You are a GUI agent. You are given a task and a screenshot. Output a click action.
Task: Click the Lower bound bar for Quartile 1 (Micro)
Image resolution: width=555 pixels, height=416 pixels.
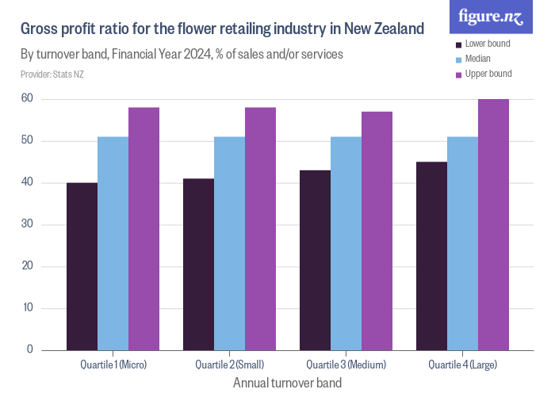tap(82, 266)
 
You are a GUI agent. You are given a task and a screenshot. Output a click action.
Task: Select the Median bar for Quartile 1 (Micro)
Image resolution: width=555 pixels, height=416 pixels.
tap(113, 243)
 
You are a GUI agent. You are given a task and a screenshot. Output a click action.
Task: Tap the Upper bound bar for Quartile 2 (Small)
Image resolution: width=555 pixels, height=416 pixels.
tap(260, 229)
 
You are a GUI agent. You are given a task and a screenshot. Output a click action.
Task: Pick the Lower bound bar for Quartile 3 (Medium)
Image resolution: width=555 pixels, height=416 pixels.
tap(315, 260)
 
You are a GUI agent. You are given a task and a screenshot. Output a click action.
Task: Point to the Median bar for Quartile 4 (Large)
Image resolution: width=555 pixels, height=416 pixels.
tap(462, 243)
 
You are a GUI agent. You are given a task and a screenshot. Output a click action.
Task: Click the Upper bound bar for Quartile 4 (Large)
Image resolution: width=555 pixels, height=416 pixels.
tap(493, 224)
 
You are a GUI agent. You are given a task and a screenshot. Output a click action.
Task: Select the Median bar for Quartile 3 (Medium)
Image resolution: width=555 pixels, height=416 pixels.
tap(346, 243)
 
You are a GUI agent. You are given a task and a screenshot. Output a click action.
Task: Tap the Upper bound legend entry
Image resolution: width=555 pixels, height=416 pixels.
tap(488, 74)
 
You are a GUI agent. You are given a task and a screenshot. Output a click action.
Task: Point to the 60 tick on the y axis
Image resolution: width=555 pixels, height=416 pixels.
tap(27, 99)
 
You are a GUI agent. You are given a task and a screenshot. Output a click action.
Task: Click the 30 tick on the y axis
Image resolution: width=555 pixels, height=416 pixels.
tap(27, 224)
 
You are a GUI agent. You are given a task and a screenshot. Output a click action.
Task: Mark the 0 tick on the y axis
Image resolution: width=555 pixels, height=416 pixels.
tap(29, 349)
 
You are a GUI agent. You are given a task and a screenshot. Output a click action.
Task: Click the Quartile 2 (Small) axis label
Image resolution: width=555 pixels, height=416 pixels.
tap(229, 364)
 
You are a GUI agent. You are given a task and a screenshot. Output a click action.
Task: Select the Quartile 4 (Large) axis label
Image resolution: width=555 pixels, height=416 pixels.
tap(462, 364)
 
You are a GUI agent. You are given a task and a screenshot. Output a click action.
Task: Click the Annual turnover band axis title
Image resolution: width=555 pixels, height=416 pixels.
tap(287, 383)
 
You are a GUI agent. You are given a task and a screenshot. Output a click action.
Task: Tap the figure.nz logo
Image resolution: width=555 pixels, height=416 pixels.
tap(491, 16)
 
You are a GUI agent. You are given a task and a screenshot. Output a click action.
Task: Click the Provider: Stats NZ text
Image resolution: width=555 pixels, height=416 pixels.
tap(52, 74)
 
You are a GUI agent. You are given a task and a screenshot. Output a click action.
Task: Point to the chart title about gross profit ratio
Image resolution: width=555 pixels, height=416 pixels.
tap(222, 30)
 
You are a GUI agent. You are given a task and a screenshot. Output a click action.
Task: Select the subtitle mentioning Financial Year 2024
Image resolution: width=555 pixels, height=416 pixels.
tap(182, 55)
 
